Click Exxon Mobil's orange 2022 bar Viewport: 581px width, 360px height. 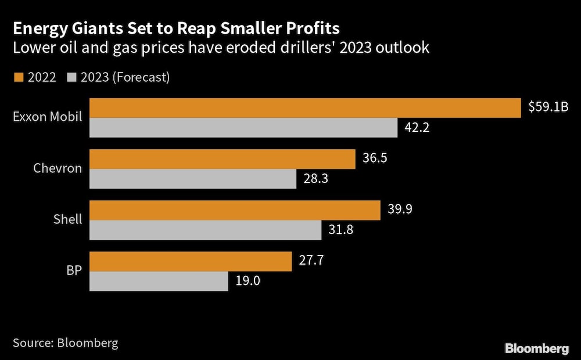(305, 108)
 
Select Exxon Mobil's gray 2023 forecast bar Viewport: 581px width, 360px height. (243, 128)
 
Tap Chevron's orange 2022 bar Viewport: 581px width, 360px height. (223, 159)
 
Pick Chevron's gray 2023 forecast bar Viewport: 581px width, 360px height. (193, 179)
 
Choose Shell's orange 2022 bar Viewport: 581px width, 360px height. (235, 210)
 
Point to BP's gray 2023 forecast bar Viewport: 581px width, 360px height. (159, 282)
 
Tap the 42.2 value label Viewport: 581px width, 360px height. (417, 128)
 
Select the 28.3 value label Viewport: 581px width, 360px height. (316, 179)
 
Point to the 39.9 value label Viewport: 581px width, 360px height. (400, 210)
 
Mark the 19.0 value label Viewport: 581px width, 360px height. (248, 282)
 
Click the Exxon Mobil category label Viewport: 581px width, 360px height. (48, 117)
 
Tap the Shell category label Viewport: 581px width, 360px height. (67, 219)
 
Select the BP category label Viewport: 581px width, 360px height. (74, 271)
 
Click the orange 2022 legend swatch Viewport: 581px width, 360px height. (18, 77)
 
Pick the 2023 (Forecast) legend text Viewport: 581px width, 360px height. (125, 77)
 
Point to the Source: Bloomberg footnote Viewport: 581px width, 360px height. (65, 343)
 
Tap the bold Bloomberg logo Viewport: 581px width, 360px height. (537, 348)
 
